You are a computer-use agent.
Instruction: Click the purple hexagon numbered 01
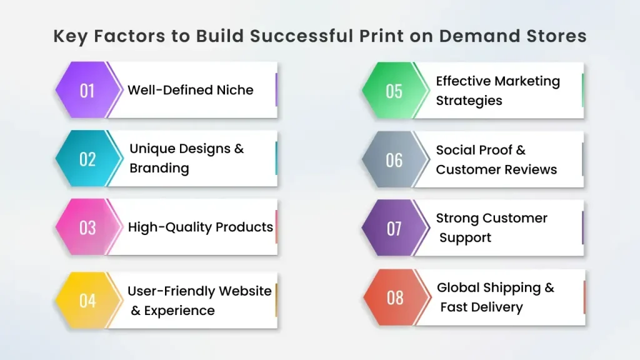(x=87, y=90)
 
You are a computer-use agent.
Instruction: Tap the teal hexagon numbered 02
(x=87, y=158)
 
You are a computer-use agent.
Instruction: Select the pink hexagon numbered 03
(x=87, y=227)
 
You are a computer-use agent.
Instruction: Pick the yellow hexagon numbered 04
(x=87, y=301)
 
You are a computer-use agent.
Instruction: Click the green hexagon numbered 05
(x=394, y=91)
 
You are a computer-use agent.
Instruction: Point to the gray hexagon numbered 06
(x=394, y=159)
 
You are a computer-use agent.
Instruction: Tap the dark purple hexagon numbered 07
(x=394, y=228)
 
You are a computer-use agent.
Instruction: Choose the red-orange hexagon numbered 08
(x=395, y=297)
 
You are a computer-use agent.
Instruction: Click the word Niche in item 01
(x=235, y=90)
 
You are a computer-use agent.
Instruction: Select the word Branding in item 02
(x=159, y=168)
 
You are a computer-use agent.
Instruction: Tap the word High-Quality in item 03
(x=170, y=227)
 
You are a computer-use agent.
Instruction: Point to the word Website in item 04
(x=245, y=291)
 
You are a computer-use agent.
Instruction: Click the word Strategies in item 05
(x=469, y=101)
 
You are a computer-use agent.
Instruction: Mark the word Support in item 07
(x=465, y=238)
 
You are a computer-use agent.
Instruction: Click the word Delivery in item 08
(x=497, y=307)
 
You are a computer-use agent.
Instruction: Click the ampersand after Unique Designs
(x=239, y=149)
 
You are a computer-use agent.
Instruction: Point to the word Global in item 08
(x=458, y=287)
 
